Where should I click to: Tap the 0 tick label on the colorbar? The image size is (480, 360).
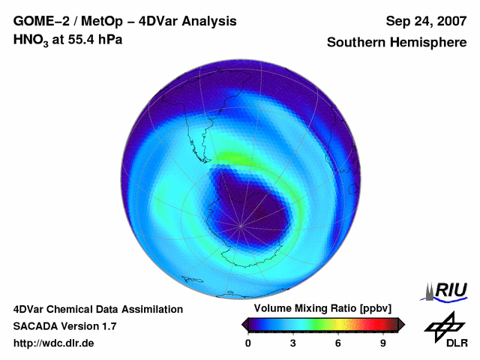tap(248, 343)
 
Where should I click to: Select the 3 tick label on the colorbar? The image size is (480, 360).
tap(293, 343)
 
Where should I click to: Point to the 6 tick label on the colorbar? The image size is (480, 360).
tap(338, 343)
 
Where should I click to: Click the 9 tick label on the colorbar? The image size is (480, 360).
tap(382, 343)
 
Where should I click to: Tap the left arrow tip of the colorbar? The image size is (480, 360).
tap(244, 324)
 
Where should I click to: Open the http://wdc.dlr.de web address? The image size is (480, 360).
tap(54, 343)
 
